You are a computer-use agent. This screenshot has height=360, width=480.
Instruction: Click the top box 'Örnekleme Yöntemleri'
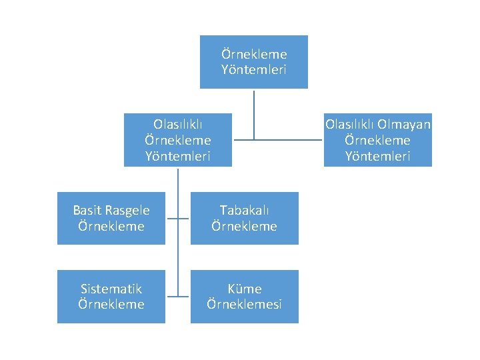click(254, 61)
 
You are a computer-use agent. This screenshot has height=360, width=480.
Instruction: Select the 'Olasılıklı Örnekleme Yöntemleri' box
click(178, 140)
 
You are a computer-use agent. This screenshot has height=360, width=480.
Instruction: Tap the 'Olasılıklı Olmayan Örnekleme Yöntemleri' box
click(378, 140)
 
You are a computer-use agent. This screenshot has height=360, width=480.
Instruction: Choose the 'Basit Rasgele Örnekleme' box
click(111, 218)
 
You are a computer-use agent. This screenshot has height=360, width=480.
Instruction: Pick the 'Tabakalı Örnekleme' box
click(245, 218)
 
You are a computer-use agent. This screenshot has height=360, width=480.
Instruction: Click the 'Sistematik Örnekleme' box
click(111, 296)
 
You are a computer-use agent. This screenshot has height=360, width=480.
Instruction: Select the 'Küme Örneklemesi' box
click(245, 296)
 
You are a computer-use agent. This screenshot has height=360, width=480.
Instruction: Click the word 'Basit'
click(87, 211)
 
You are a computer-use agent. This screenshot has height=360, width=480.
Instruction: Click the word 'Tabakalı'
click(245, 211)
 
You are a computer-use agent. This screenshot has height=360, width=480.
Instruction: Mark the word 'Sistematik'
click(111, 289)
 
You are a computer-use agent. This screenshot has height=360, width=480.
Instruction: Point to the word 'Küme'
click(245, 289)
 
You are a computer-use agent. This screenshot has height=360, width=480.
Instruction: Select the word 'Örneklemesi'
click(245, 304)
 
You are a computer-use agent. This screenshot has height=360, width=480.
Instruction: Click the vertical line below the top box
click(254, 113)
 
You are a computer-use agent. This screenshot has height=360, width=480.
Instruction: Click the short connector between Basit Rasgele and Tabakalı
click(178, 218)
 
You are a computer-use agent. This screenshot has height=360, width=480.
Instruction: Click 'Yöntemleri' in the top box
click(254, 69)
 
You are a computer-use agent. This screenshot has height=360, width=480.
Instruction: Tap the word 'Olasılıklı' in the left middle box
click(178, 124)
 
